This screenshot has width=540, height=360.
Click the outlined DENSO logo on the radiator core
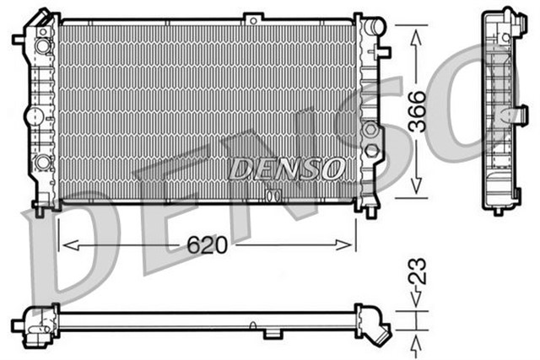287,169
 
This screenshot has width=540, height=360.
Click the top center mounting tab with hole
253,17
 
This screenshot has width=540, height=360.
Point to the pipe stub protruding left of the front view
19,38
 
